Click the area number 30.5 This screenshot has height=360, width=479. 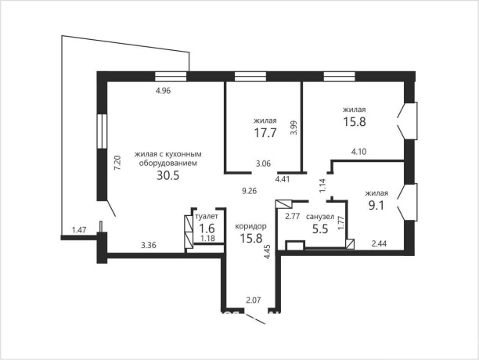167,175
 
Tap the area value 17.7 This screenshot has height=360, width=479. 265,133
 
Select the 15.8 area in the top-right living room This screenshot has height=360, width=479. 355,122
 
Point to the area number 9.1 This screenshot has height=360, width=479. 376,206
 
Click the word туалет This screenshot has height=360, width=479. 207,217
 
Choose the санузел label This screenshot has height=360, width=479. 320,217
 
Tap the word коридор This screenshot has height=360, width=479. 250,226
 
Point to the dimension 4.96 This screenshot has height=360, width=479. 163,91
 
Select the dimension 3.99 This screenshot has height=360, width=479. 294,128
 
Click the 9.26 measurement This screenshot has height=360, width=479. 249,191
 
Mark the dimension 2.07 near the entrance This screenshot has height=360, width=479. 254,301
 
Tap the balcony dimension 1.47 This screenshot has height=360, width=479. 79,229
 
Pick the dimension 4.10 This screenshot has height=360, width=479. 359,152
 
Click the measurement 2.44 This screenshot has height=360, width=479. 379,243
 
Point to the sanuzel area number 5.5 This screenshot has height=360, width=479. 320,229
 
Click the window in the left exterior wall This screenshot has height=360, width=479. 102,131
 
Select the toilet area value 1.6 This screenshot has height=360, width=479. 207,228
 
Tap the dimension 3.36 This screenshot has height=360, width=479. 149,245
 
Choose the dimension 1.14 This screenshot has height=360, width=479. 323,185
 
